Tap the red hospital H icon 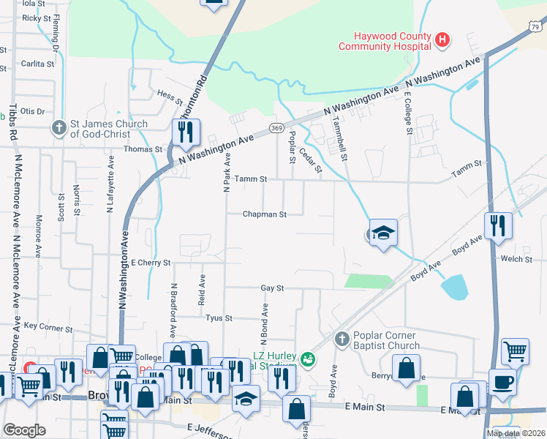442,40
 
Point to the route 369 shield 276,128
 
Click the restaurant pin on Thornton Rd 186,132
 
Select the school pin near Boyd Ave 383,233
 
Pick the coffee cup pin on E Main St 502,382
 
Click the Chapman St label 263,214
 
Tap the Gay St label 272,288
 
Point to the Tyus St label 218,318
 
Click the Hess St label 169,94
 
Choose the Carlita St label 34,64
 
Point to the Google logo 24,430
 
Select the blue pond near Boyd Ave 455,286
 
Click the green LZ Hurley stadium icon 308,359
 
